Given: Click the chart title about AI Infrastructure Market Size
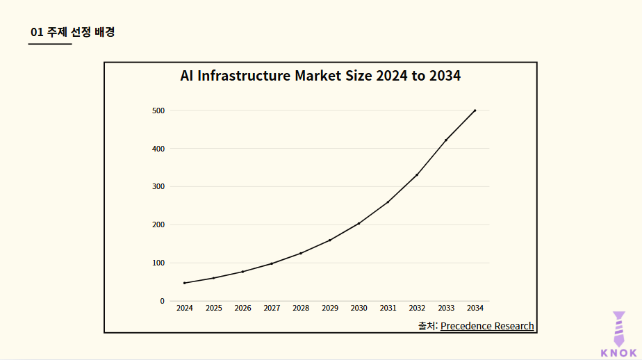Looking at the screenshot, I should [320, 76].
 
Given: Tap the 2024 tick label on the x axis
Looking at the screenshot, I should [185, 308].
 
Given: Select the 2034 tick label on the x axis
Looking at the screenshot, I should [475, 308].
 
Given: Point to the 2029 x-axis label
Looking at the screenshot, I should [330, 308].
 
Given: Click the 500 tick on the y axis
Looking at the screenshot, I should [158, 111].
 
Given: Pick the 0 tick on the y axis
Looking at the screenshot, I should [162, 301].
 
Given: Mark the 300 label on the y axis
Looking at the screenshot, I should [158, 186].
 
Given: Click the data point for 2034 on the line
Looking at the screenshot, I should [475, 111].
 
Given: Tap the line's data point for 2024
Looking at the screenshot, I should [185, 283].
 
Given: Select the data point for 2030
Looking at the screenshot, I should [359, 223].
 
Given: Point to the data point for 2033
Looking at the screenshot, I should [446, 140].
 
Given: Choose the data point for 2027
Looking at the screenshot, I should [272, 263].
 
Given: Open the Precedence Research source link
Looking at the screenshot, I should [487, 326].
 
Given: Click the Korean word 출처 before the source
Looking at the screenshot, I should [427, 326].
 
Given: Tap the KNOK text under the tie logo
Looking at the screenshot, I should [618, 352].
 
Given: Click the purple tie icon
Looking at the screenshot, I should [618, 327].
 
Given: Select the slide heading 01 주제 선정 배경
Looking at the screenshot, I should [72, 32].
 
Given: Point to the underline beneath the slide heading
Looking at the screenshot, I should [50, 44].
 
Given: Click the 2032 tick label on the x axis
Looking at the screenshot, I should [417, 308].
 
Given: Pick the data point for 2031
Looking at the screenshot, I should [388, 202].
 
